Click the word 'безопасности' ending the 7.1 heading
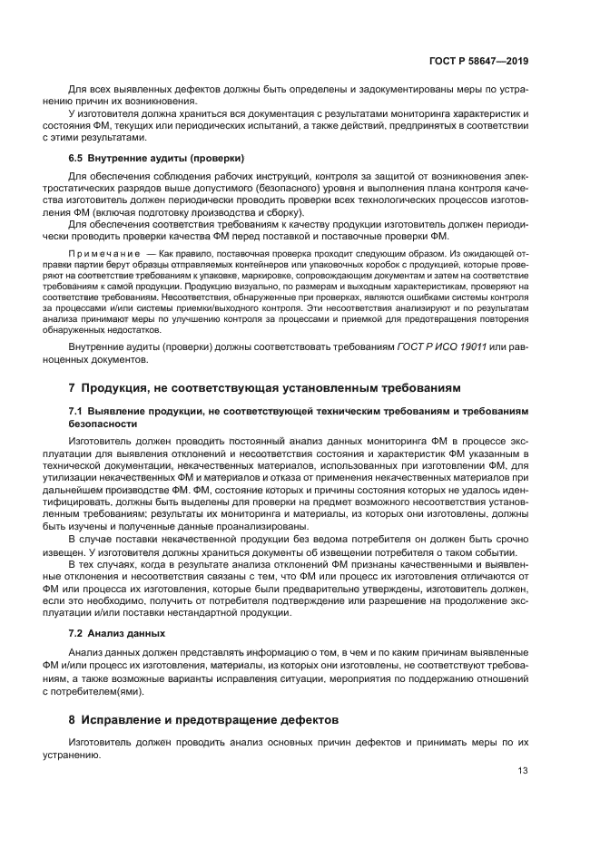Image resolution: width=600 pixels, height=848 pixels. pyautogui.click(x=103, y=423)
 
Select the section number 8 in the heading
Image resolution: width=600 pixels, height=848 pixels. pyautogui.click(x=72, y=719)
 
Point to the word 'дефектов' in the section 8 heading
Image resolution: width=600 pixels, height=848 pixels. pyautogui.click(x=307, y=719)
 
